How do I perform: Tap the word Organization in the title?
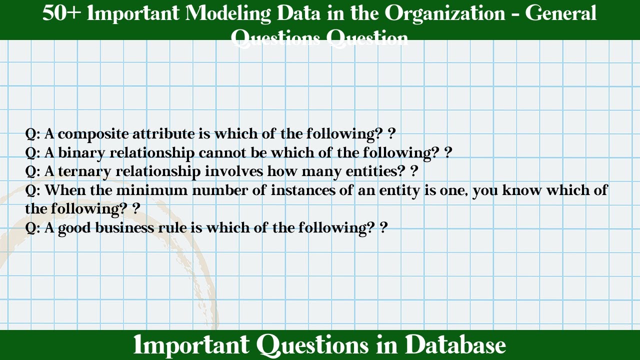click(444, 13)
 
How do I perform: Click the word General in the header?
click(560, 13)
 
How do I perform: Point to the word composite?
click(90, 134)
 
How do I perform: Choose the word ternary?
click(84, 171)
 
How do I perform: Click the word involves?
click(234, 171)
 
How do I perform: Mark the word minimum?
click(158, 190)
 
